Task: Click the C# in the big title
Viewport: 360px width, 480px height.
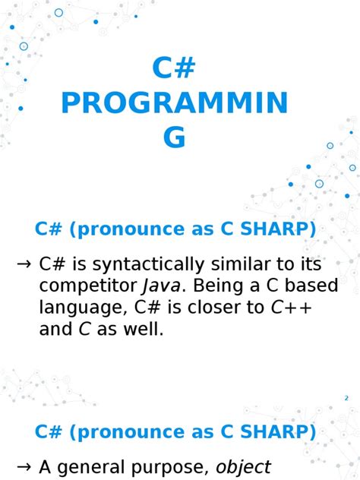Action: tap(174, 68)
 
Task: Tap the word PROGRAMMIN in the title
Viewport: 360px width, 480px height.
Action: tap(174, 103)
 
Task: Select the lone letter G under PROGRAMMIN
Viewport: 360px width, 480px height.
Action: tap(174, 137)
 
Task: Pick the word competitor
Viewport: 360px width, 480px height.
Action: tap(88, 286)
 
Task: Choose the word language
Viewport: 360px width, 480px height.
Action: tap(74, 308)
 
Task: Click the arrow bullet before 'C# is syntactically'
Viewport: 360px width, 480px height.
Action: tap(24, 264)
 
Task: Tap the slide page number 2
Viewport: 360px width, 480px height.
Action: tap(346, 398)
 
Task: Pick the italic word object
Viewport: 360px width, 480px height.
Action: tap(244, 467)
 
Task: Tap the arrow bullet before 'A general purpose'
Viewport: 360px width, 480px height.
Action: tap(24, 466)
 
